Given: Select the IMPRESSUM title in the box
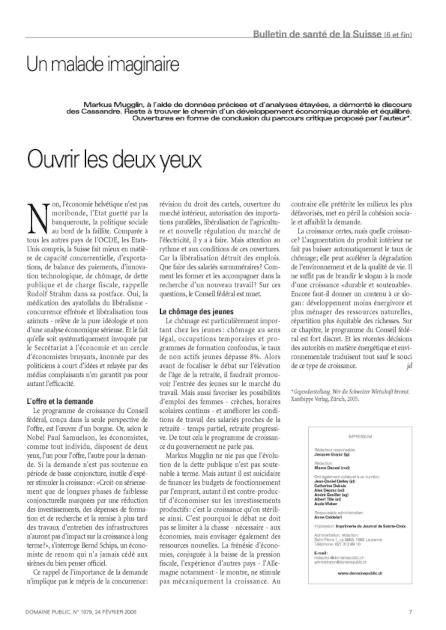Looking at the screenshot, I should coord(360,436).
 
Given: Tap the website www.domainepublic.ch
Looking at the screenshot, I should coord(360,573).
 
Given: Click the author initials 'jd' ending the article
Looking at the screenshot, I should coord(409,366).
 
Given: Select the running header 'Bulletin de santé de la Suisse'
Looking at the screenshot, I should coord(317,34).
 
